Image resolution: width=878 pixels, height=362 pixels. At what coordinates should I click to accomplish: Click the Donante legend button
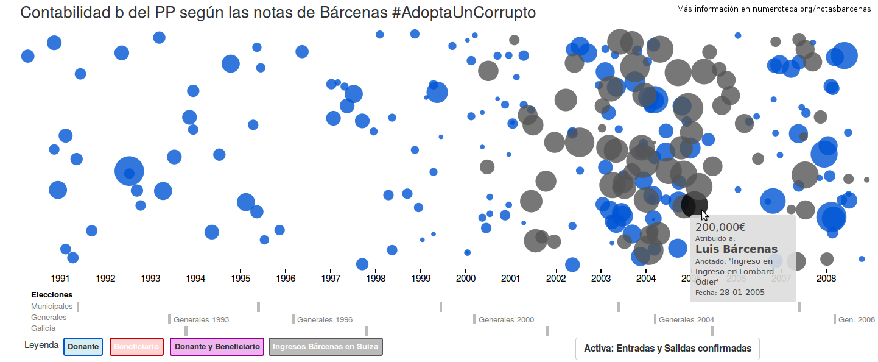coord(83,347)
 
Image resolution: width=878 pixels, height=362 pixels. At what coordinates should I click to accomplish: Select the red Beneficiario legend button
coord(136,347)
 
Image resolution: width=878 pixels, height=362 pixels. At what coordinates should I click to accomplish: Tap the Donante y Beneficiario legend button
coord(217,347)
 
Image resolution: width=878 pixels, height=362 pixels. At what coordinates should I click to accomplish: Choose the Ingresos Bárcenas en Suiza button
coord(326,347)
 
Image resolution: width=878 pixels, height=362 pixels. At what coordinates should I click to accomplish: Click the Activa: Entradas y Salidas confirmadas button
coord(667,349)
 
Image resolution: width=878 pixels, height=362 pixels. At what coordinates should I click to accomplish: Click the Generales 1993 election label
coord(201,320)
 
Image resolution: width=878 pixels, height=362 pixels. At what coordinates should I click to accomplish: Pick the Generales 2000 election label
coord(506,320)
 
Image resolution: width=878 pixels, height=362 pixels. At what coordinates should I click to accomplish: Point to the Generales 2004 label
coord(686,320)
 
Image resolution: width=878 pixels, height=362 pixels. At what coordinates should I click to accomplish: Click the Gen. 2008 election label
coord(856,320)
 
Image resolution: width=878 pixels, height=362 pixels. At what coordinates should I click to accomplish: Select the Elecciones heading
coord(52,295)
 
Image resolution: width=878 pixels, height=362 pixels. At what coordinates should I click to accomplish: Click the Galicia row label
coord(43,328)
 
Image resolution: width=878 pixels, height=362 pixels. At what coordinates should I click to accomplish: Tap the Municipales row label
coord(52,307)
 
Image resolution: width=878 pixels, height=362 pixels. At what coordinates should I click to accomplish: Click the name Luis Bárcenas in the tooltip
coord(736,249)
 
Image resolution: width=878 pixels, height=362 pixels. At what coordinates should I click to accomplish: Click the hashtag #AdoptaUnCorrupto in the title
coord(465,12)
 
